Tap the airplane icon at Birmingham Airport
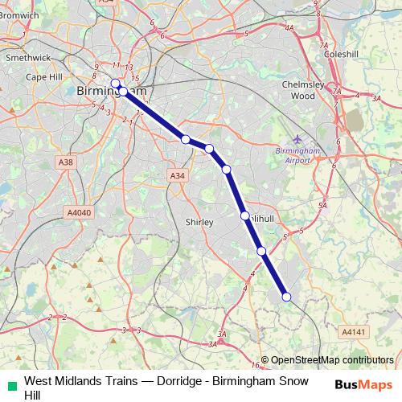[x=299, y=140]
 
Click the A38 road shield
[x=66, y=162]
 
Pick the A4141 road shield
[x=353, y=331]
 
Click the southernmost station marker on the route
[x=286, y=297]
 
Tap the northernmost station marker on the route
[x=115, y=83]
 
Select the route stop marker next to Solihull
[x=244, y=215]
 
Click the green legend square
[x=10, y=383]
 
